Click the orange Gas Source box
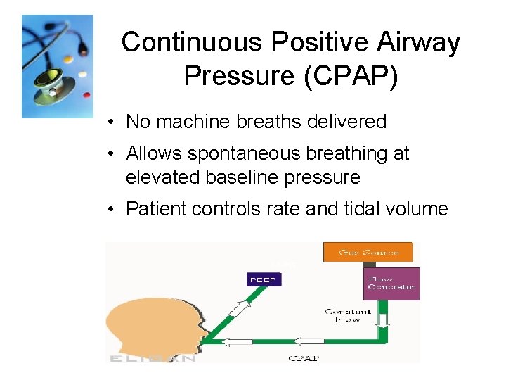368,252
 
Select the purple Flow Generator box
392,283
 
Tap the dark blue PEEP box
264,280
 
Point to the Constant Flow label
344,315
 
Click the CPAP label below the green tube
304,357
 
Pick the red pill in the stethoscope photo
86,94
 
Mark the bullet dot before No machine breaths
112,122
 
